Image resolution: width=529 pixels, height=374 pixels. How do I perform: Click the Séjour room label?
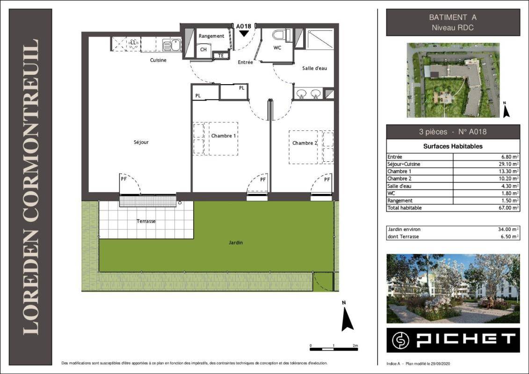coord(141,142)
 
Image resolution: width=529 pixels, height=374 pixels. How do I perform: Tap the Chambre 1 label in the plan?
coord(224,136)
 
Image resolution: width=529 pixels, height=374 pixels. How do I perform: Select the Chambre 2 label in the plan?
coord(304,143)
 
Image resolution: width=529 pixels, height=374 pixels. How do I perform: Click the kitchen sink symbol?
coord(171,45)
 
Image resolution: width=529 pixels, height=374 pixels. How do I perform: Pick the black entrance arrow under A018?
coord(244,33)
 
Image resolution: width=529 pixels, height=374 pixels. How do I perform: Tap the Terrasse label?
coord(146,221)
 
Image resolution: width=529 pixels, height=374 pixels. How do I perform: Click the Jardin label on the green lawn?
coord(235,243)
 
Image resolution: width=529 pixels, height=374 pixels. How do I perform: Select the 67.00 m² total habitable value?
coord(509,208)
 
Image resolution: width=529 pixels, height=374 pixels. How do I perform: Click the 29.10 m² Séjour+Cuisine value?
coord(509,164)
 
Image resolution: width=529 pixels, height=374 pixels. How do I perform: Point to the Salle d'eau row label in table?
coord(399,186)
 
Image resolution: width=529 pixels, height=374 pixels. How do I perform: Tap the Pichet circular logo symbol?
coord(400,340)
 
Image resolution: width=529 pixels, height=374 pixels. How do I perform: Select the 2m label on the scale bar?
coord(355,345)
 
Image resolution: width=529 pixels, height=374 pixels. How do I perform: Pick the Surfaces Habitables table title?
coord(453,146)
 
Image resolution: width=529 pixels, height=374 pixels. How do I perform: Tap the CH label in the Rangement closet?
coord(203,50)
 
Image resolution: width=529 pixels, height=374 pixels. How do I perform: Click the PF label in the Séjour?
coord(124,179)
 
